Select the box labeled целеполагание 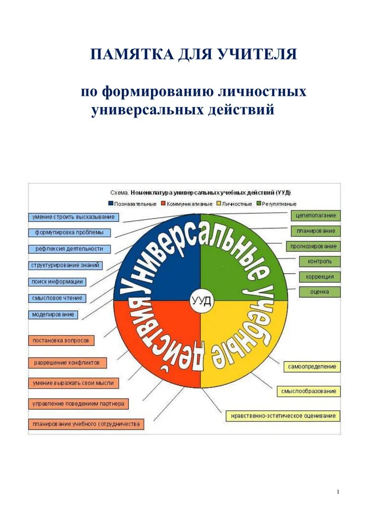click(316, 216)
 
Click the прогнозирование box click(313, 246)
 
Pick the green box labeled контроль click(320, 262)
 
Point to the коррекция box click(320, 277)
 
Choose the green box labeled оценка click(320, 292)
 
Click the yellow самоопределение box click(312, 367)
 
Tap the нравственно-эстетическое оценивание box click(283, 416)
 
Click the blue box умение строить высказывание click(73, 217)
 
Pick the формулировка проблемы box click(70, 233)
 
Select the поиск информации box click(57, 282)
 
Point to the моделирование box click(53, 314)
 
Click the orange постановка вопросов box click(61, 341)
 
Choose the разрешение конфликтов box click(68, 363)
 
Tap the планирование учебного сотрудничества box click(86, 424)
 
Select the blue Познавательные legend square click(111, 204)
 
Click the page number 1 click(338, 492)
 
